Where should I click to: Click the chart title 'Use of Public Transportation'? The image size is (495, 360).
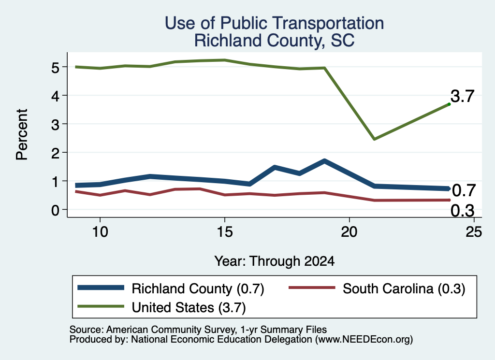click(x=275, y=23)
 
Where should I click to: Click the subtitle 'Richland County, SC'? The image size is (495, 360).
click(x=275, y=41)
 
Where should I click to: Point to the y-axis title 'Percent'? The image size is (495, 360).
click(x=22, y=134)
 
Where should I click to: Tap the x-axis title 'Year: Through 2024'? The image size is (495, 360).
click(x=275, y=261)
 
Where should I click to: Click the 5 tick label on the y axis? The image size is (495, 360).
click(x=55, y=67)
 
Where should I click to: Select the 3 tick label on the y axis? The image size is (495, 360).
click(x=55, y=124)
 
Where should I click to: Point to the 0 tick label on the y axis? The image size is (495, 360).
click(x=55, y=210)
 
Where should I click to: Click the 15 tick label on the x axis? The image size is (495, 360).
click(x=225, y=232)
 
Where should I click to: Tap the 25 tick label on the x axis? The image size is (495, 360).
click(x=474, y=232)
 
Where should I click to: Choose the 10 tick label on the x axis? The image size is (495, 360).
click(x=100, y=232)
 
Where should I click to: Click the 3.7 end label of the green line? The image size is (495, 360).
click(x=463, y=96)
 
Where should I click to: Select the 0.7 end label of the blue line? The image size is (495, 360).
click(x=464, y=190)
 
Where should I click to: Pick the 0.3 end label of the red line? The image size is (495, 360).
click(x=463, y=211)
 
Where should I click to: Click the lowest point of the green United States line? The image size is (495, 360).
click(x=374, y=139)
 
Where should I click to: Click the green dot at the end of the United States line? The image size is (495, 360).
click(x=449, y=104)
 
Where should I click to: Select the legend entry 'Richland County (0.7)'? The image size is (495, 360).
click(x=171, y=288)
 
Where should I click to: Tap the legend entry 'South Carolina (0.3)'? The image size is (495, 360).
click(x=377, y=288)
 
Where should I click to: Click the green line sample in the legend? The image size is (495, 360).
click(x=101, y=306)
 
